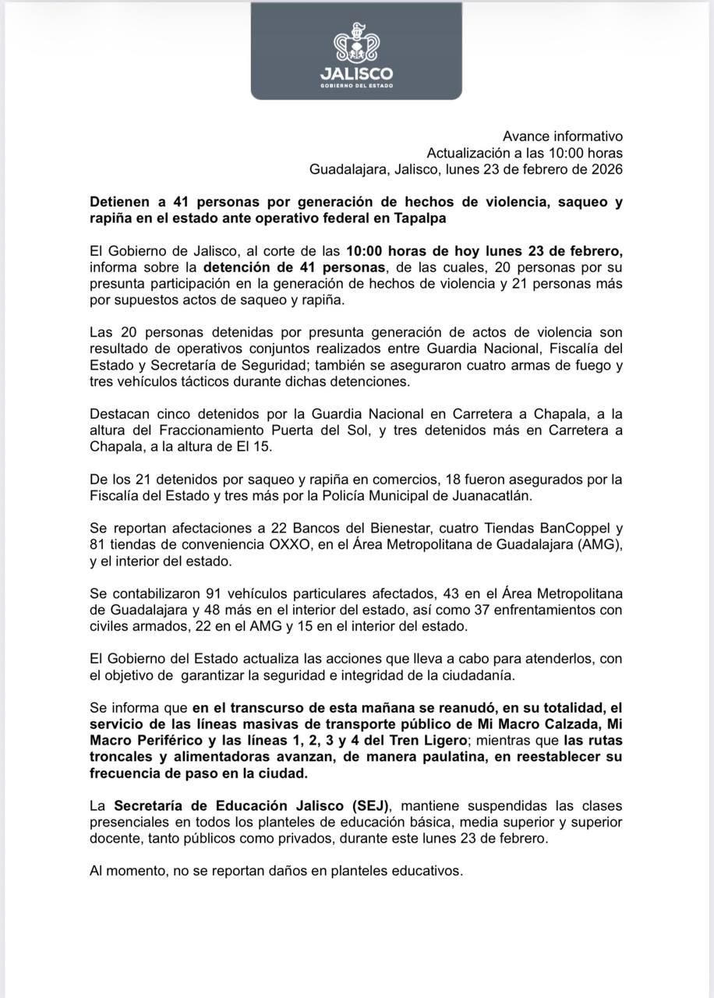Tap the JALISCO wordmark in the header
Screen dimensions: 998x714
pyautogui.click(x=356, y=74)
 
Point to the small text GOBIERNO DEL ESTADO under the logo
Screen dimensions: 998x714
pyautogui.click(x=356, y=86)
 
